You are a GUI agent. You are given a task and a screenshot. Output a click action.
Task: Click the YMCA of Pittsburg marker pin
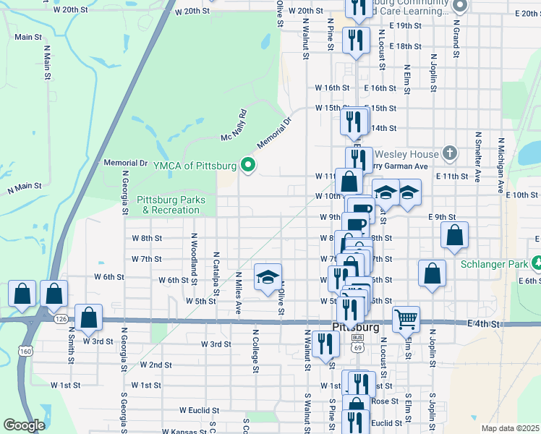pyautogui.click(x=249, y=166)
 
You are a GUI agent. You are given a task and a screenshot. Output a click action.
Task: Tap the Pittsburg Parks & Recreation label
pyautogui.click(x=171, y=205)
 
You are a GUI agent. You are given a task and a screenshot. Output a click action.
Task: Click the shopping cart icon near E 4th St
pyautogui.click(x=406, y=318)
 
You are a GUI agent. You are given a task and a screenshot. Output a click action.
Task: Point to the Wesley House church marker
pyautogui.click(x=450, y=153)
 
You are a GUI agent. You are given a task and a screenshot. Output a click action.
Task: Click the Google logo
pyautogui.click(x=24, y=425)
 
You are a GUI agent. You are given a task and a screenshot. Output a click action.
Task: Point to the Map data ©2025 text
pyautogui.click(x=509, y=428)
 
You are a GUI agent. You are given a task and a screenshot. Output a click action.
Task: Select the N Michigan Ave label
pyautogui.click(x=499, y=166)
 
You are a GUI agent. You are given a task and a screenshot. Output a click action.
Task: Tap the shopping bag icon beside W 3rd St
pyautogui.click(x=88, y=318)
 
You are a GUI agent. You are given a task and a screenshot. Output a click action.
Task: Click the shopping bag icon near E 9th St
pyautogui.click(x=455, y=234)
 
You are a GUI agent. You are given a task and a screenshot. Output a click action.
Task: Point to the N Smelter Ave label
pyautogui.click(x=477, y=156)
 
